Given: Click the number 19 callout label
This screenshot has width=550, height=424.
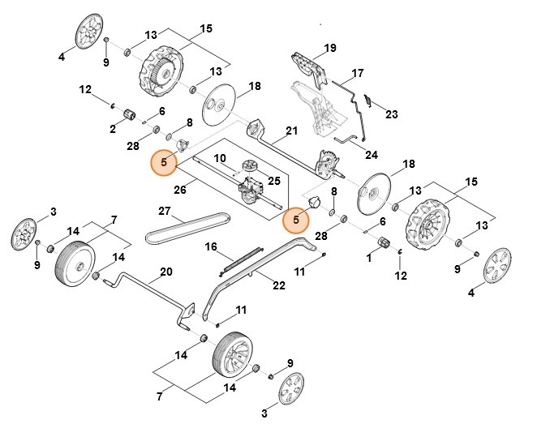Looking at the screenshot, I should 329,49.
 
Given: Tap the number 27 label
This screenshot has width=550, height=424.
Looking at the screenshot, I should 165,212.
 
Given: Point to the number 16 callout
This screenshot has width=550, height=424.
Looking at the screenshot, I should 211,246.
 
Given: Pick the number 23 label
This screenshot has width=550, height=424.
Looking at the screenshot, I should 392,114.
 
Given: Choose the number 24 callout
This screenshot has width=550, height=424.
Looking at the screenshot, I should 372,154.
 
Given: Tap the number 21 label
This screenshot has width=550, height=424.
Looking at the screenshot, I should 292,131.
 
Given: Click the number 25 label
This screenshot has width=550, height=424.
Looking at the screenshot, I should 274,180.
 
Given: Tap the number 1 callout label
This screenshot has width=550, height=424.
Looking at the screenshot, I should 369,257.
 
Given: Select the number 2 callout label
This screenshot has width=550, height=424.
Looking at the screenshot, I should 113,128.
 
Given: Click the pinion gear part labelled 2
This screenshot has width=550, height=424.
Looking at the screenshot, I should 127,122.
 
